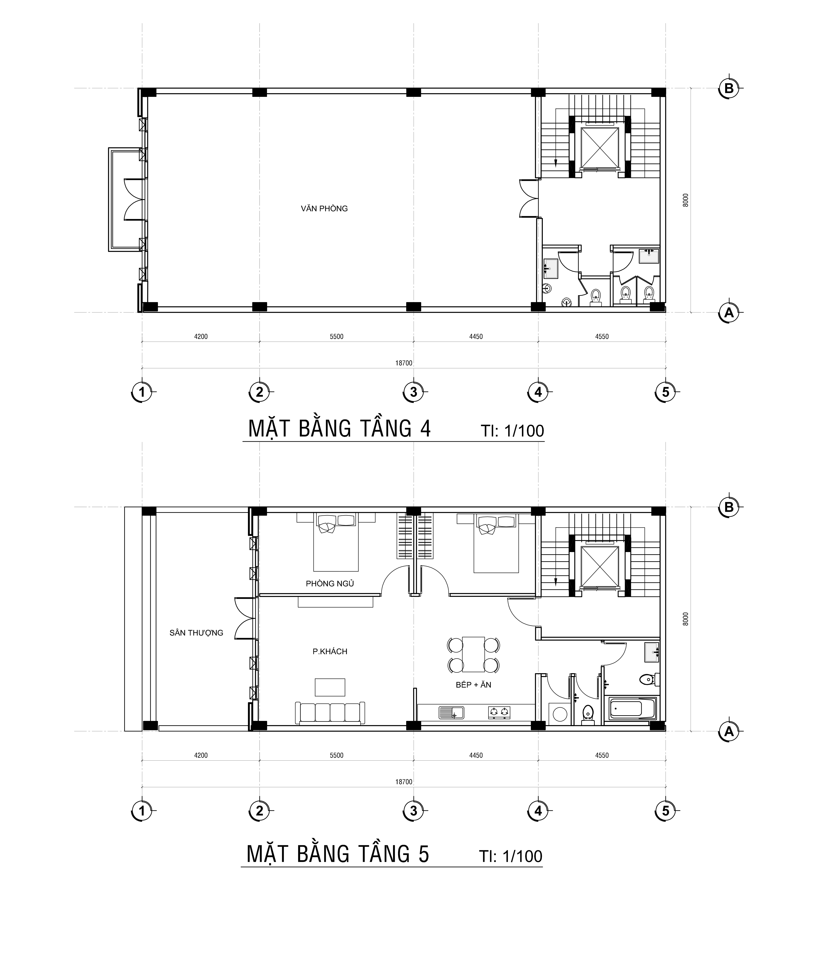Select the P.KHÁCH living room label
pyautogui.click(x=330, y=651)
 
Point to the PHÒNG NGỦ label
pyautogui.click(x=330, y=583)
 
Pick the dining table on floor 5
pyautogui.click(x=473, y=654)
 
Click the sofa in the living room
pyautogui.click(x=330, y=713)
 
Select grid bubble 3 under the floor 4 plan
pyautogui.click(x=414, y=392)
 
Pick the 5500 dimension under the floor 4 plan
pyautogui.click(x=336, y=336)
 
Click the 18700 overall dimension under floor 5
pyautogui.click(x=404, y=782)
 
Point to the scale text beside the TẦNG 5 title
pyautogui.click(x=511, y=856)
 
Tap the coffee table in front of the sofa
pyautogui.click(x=330, y=687)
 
